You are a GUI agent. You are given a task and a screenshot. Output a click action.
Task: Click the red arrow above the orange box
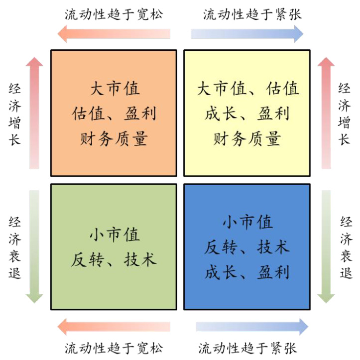click(x=114, y=34)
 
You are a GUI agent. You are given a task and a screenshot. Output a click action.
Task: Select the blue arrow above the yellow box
click(x=247, y=34)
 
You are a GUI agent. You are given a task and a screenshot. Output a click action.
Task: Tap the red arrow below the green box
click(x=114, y=327)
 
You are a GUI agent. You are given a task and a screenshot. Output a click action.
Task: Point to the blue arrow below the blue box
click(x=252, y=327)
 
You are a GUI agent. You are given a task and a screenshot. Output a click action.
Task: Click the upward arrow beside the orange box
click(x=34, y=113)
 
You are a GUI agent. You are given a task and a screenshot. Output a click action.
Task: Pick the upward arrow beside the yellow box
click(x=326, y=113)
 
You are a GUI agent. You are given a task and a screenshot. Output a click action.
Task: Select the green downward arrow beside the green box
click(x=34, y=246)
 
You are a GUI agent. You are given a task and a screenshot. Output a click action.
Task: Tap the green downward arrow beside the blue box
click(x=326, y=246)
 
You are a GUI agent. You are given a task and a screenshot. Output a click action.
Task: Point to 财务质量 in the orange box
click(x=114, y=139)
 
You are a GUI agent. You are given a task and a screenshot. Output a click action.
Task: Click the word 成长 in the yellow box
click(x=221, y=114)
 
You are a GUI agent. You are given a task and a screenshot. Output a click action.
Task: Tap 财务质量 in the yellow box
click(x=247, y=139)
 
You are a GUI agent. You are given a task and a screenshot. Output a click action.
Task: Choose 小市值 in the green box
click(x=115, y=235)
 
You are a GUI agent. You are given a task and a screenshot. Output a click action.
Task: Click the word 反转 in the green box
click(x=87, y=260)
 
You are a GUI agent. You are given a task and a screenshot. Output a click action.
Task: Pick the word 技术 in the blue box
click(x=273, y=247)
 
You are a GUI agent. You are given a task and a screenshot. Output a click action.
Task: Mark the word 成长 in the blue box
click(x=221, y=272)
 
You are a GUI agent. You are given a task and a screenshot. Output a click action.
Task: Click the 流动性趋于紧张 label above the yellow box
click(x=252, y=14)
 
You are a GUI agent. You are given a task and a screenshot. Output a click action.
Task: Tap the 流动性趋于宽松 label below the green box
click(x=114, y=348)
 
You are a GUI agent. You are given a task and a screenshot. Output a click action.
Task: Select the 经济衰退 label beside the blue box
click(x=346, y=247)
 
